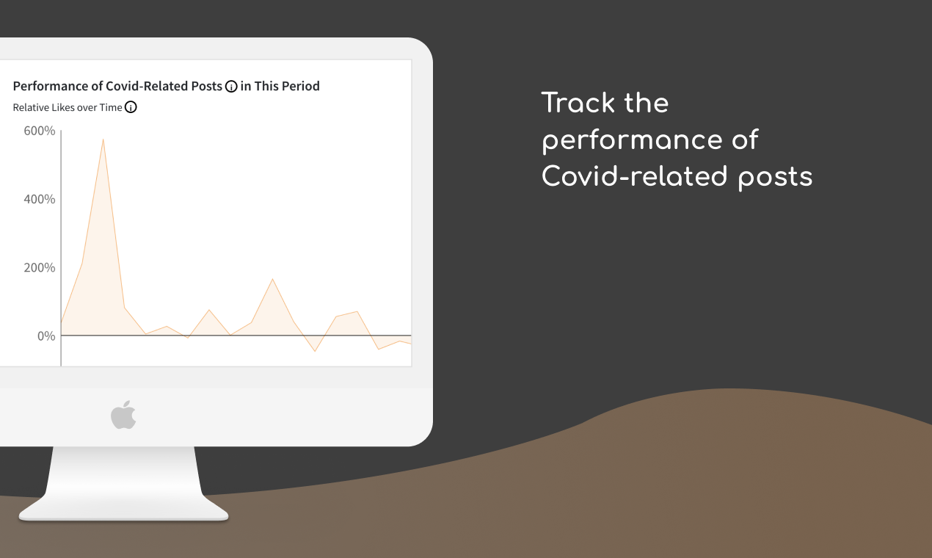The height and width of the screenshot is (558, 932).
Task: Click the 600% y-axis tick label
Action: tap(40, 131)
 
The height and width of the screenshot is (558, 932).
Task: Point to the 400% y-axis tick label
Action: tap(40, 199)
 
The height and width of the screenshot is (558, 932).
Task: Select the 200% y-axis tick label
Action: tap(40, 267)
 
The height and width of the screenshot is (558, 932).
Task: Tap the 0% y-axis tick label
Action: tap(46, 336)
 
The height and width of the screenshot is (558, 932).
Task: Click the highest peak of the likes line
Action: tap(103, 139)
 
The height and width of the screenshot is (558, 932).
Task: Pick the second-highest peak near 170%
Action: tap(272, 279)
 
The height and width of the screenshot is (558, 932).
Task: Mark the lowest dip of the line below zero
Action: tap(315, 351)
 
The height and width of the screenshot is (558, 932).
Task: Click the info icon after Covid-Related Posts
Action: tap(231, 87)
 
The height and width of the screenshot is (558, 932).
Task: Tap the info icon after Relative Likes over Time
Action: tap(131, 108)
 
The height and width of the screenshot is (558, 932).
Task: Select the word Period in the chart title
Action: tap(301, 86)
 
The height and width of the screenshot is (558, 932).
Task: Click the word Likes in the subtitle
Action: tap(63, 107)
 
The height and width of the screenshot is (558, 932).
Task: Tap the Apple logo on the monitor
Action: tap(123, 415)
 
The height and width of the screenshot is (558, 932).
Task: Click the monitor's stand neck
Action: tap(123, 470)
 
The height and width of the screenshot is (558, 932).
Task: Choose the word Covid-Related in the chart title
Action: tap(164, 86)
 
